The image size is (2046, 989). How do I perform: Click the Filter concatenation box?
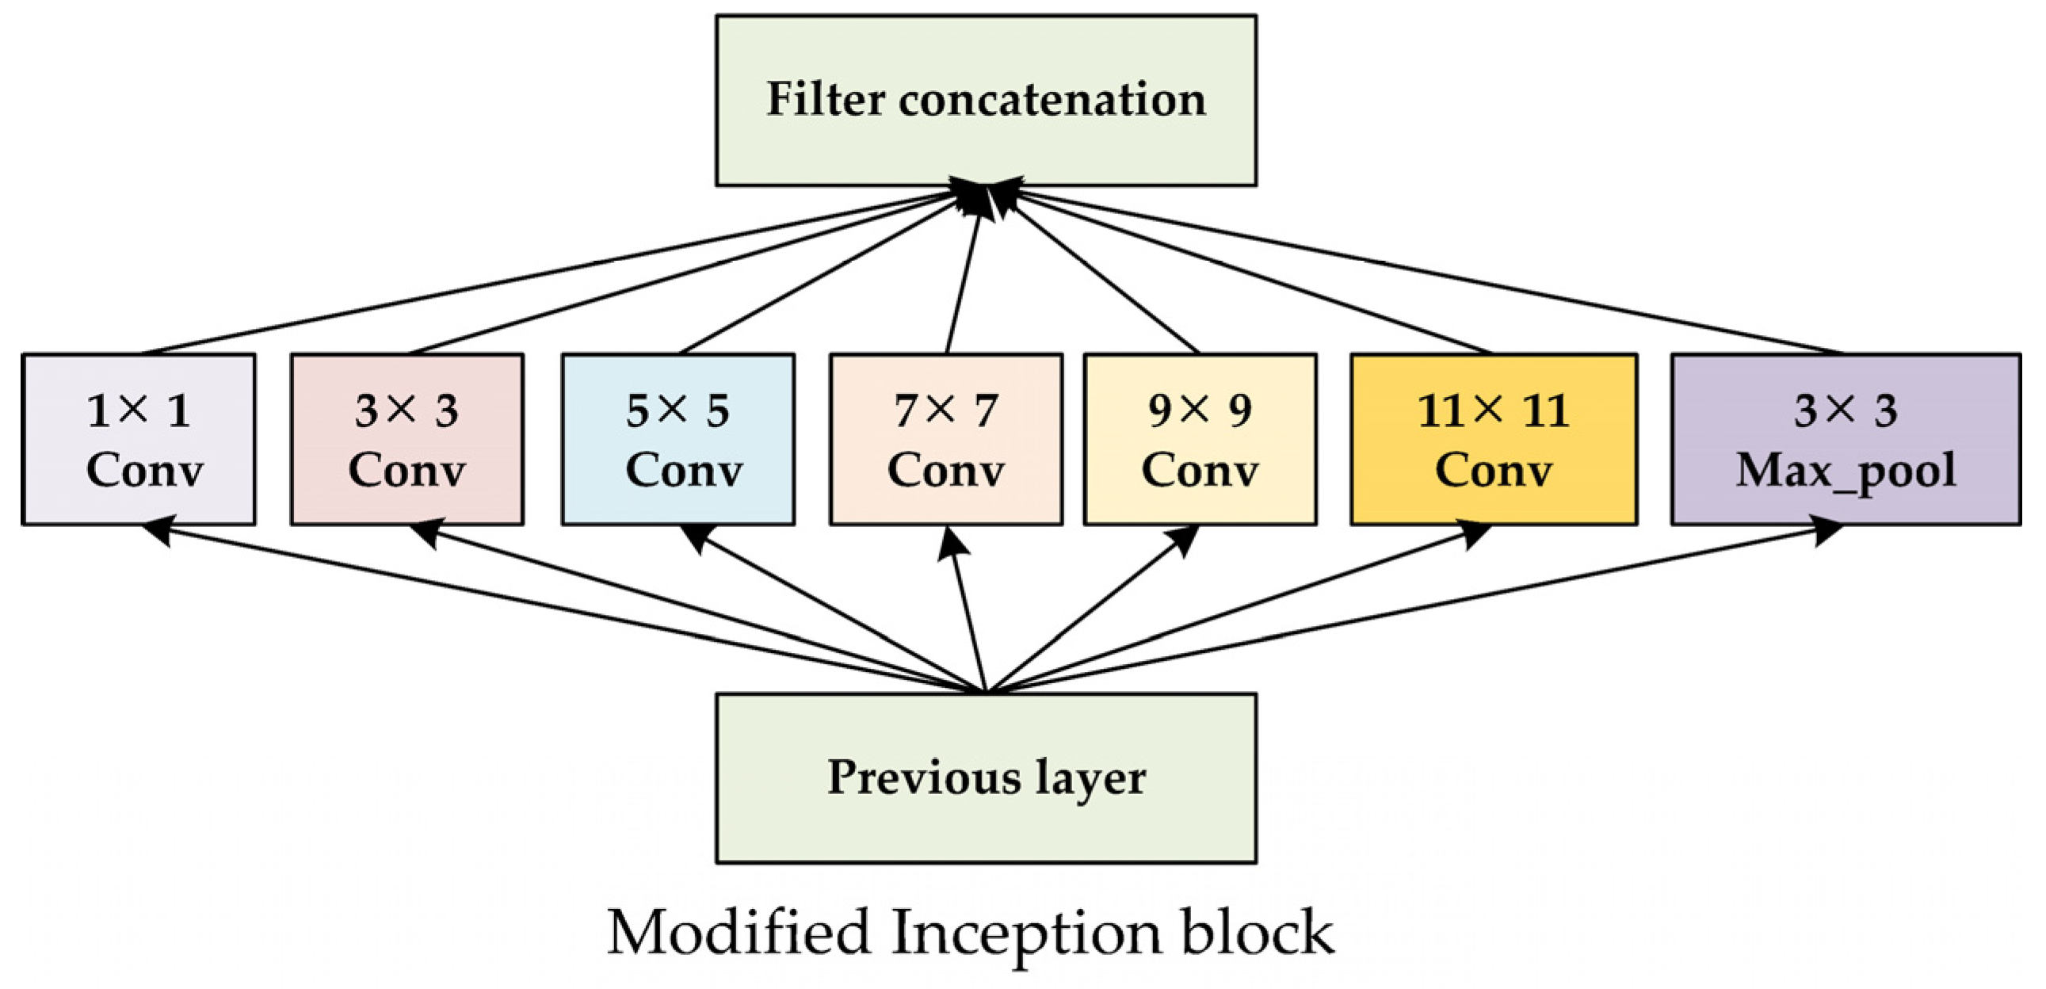[986, 101]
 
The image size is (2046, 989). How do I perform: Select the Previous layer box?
[986, 777]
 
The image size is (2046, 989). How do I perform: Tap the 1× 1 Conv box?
[139, 439]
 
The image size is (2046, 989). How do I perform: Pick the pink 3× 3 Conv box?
[407, 439]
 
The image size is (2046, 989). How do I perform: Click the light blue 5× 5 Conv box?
[678, 439]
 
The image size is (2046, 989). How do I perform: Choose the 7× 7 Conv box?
[946, 439]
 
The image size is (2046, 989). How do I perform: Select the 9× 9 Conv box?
[1200, 439]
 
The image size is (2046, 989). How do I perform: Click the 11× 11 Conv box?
[1493, 439]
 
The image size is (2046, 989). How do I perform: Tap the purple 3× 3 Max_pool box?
[1845, 439]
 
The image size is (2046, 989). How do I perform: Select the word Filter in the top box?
[825, 99]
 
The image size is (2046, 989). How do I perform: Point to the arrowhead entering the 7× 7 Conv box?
[951, 544]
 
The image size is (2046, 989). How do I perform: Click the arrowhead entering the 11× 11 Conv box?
[1474, 534]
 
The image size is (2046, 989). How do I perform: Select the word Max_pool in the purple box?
[1845, 470]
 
